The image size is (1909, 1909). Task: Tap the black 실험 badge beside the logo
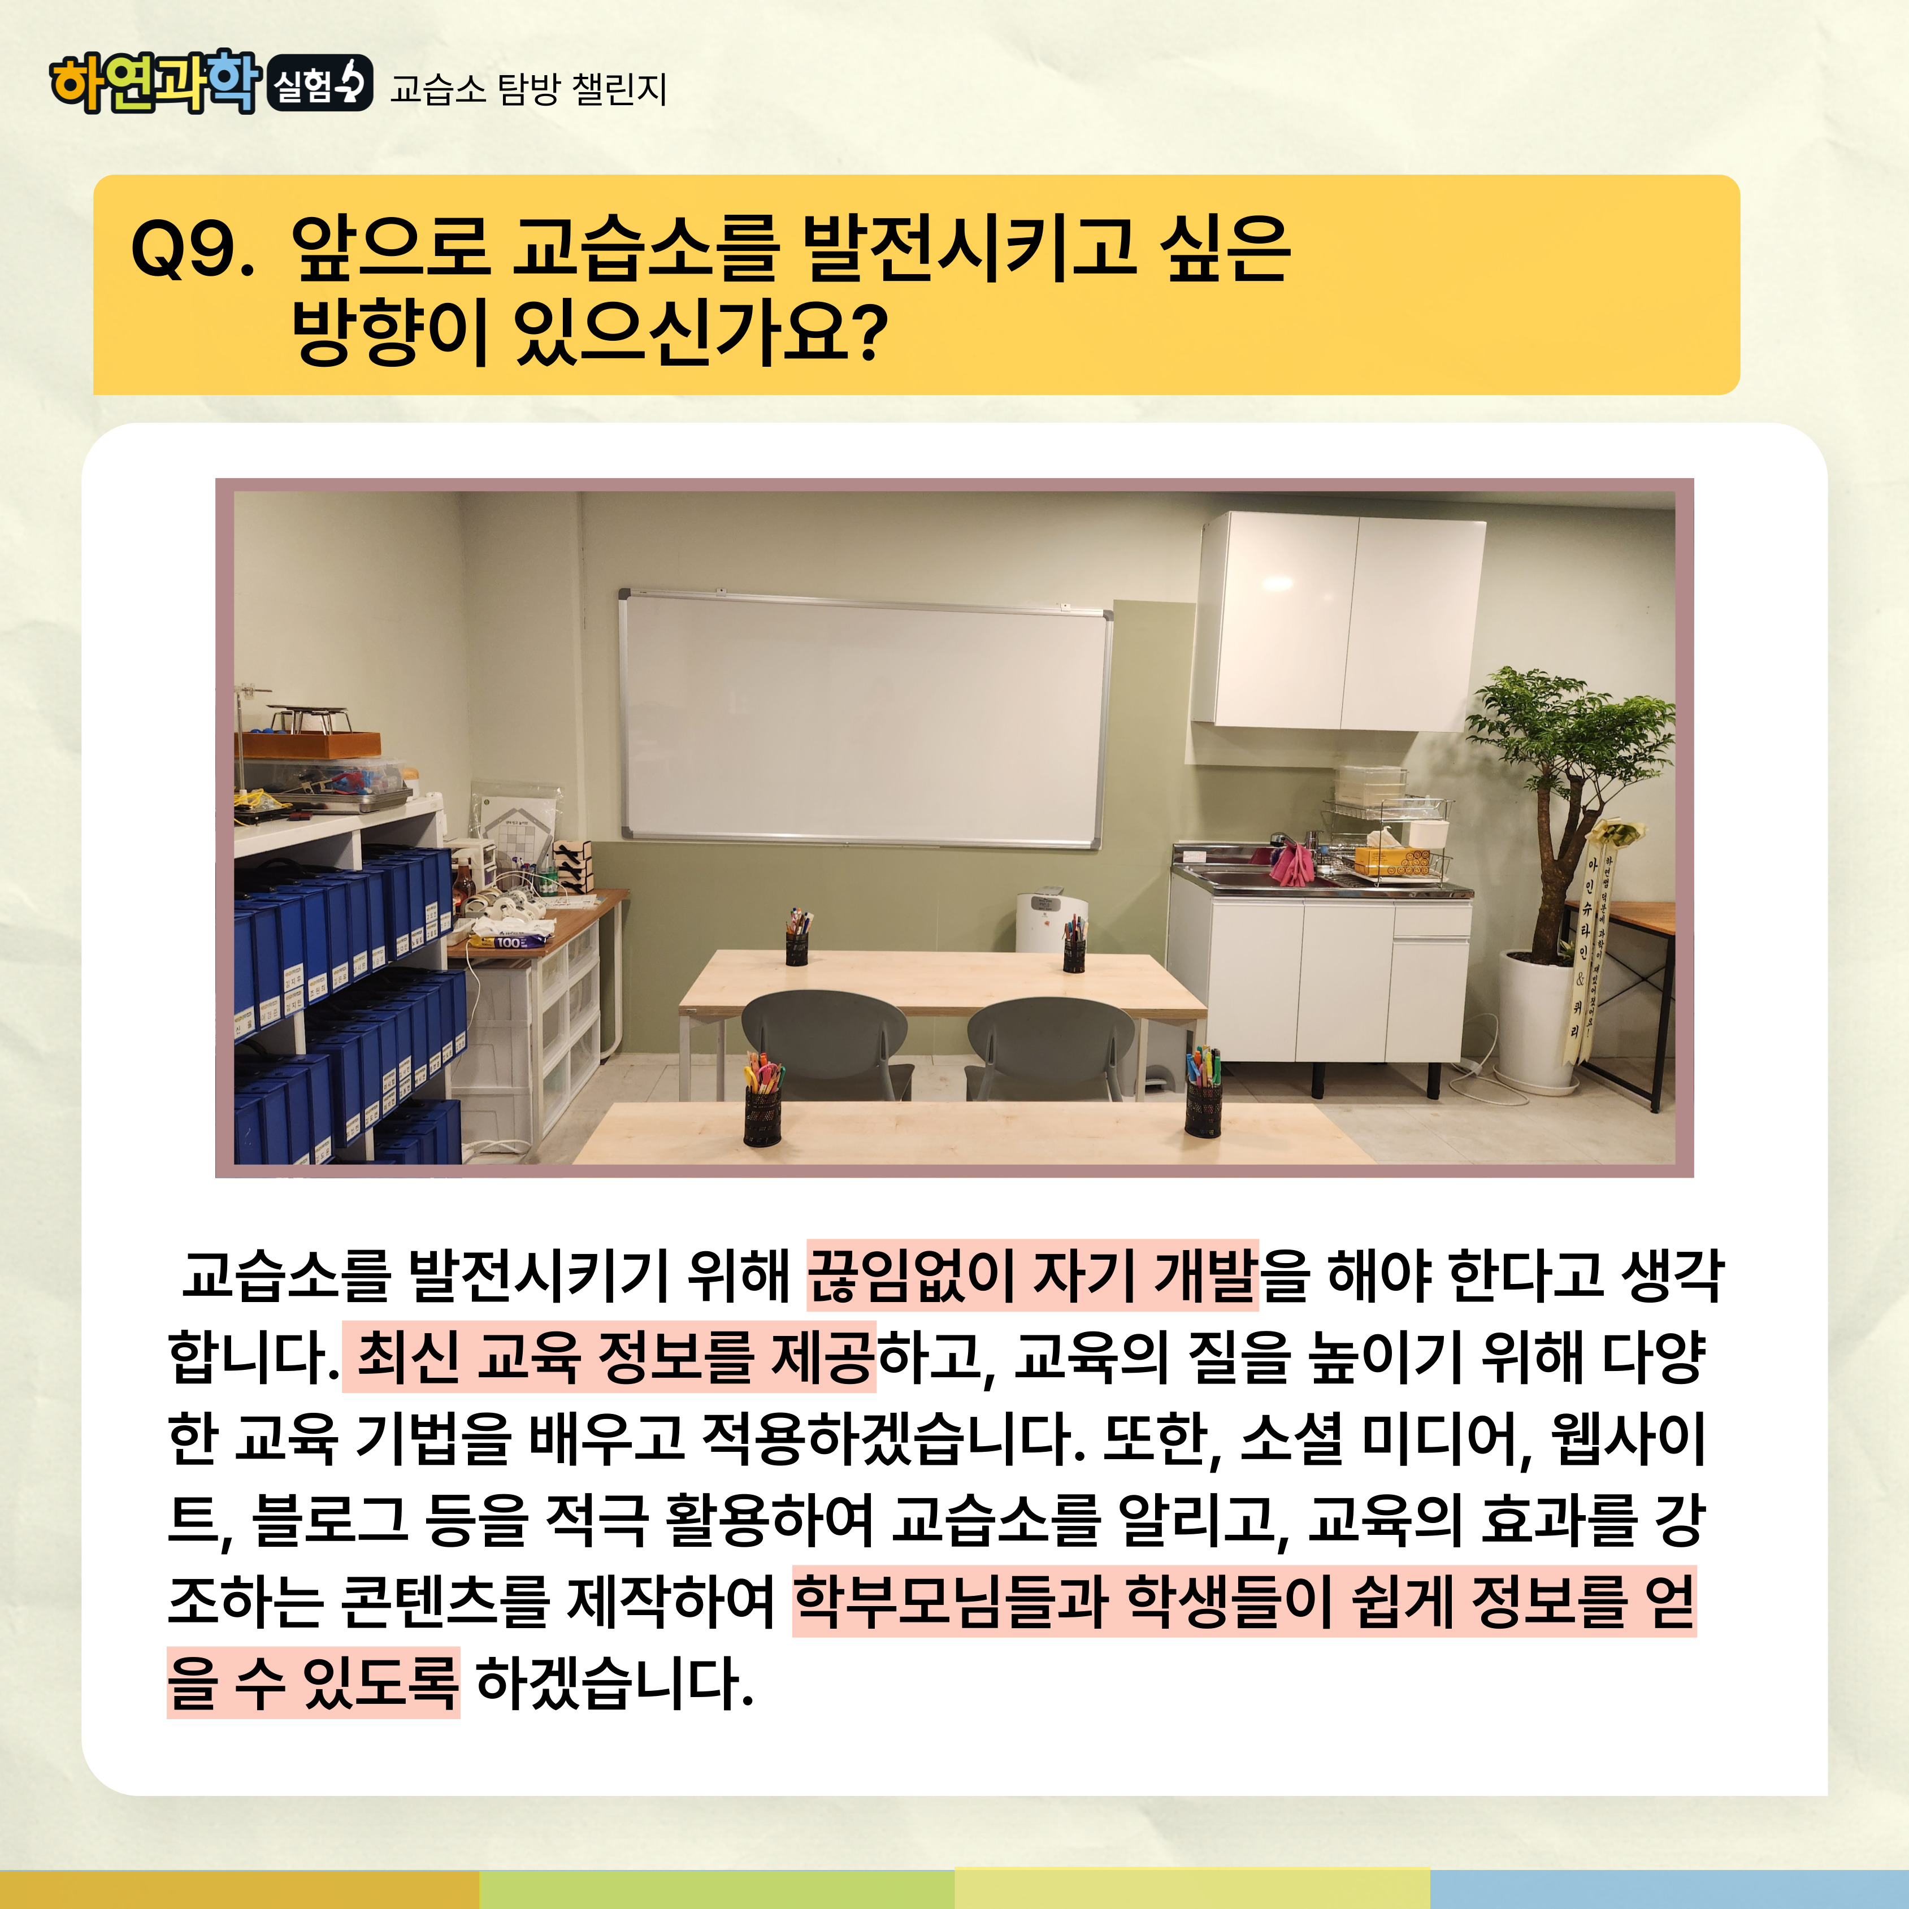tap(320, 83)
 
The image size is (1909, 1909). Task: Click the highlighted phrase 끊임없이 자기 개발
tap(1032, 1274)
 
